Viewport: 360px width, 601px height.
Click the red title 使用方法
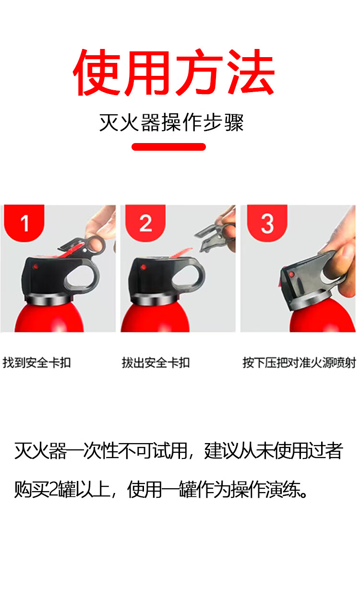[174, 72]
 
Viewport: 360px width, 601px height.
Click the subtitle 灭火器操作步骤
[171, 122]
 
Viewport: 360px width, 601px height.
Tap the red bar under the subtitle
[169, 147]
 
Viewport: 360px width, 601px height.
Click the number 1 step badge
[24, 223]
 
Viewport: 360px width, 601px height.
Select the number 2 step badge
[145, 223]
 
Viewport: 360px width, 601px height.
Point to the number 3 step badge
[267, 223]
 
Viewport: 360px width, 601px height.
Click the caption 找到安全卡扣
[37, 363]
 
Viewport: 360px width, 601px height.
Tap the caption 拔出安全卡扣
[156, 363]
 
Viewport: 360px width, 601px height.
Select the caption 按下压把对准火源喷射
[299, 363]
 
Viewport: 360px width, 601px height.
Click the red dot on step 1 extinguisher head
[36, 267]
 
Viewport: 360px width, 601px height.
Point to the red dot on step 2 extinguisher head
[143, 267]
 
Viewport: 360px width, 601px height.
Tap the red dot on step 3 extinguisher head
[291, 275]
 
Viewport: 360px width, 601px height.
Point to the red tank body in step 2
[156, 319]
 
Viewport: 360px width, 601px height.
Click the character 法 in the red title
[251, 72]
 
